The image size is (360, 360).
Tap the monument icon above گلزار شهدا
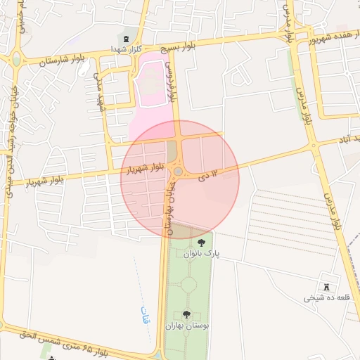click(126, 37)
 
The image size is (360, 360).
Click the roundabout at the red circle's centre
click(179, 172)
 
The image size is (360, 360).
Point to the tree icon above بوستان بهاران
click(186, 314)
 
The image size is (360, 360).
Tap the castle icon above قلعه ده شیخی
click(327, 286)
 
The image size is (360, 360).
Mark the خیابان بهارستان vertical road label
click(169, 205)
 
